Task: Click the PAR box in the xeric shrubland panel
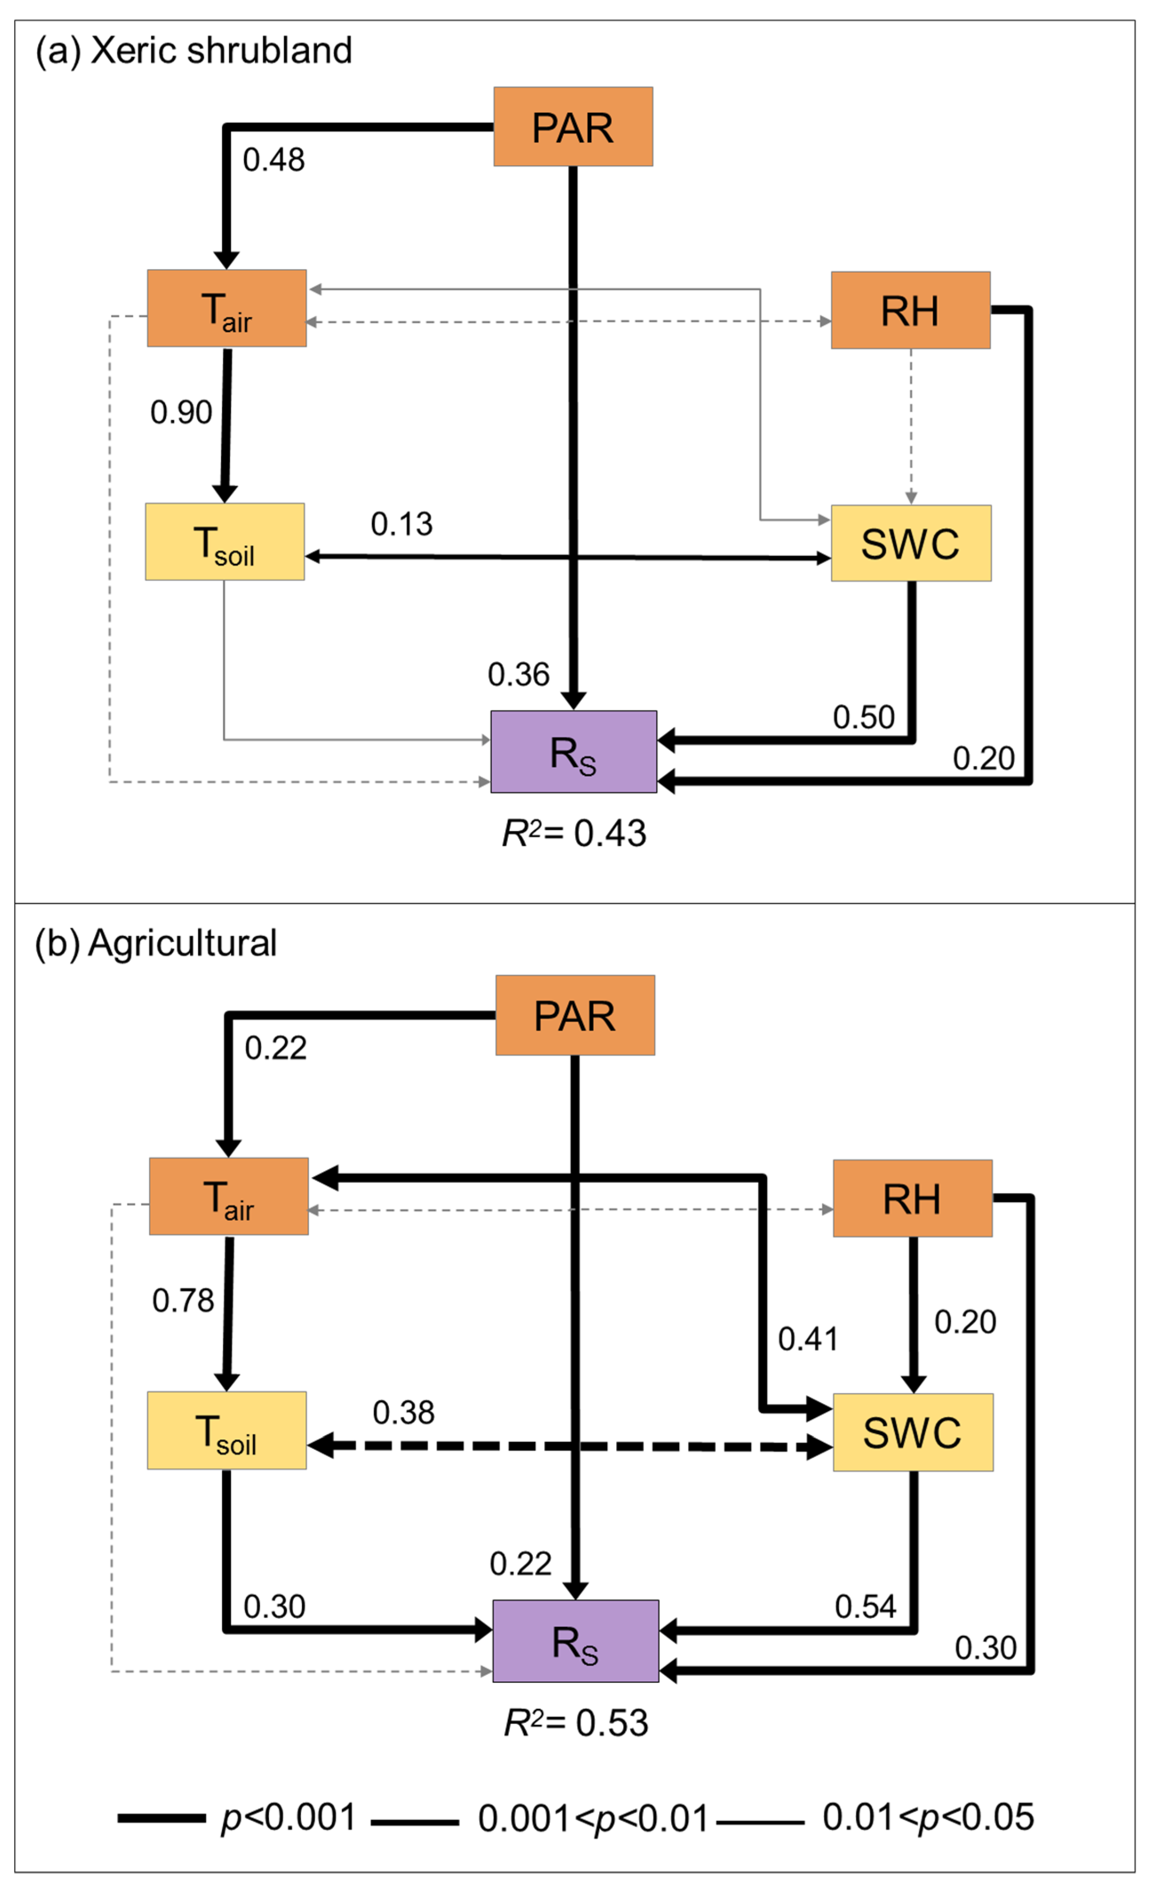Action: [x=573, y=127]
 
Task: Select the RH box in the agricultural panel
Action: [x=912, y=1198]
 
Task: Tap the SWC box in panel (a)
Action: [x=910, y=544]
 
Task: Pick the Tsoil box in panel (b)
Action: [x=227, y=1431]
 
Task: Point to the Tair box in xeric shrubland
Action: [x=227, y=308]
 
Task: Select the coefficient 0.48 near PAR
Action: [x=273, y=160]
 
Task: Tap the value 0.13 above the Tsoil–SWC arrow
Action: [x=402, y=525]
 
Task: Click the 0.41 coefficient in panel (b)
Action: [x=808, y=1339]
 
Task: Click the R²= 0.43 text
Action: [x=574, y=833]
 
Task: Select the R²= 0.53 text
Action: [x=575, y=1722]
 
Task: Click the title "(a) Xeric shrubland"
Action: [x=194, y=51]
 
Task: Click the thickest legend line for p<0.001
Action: [x=161, y=1818]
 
